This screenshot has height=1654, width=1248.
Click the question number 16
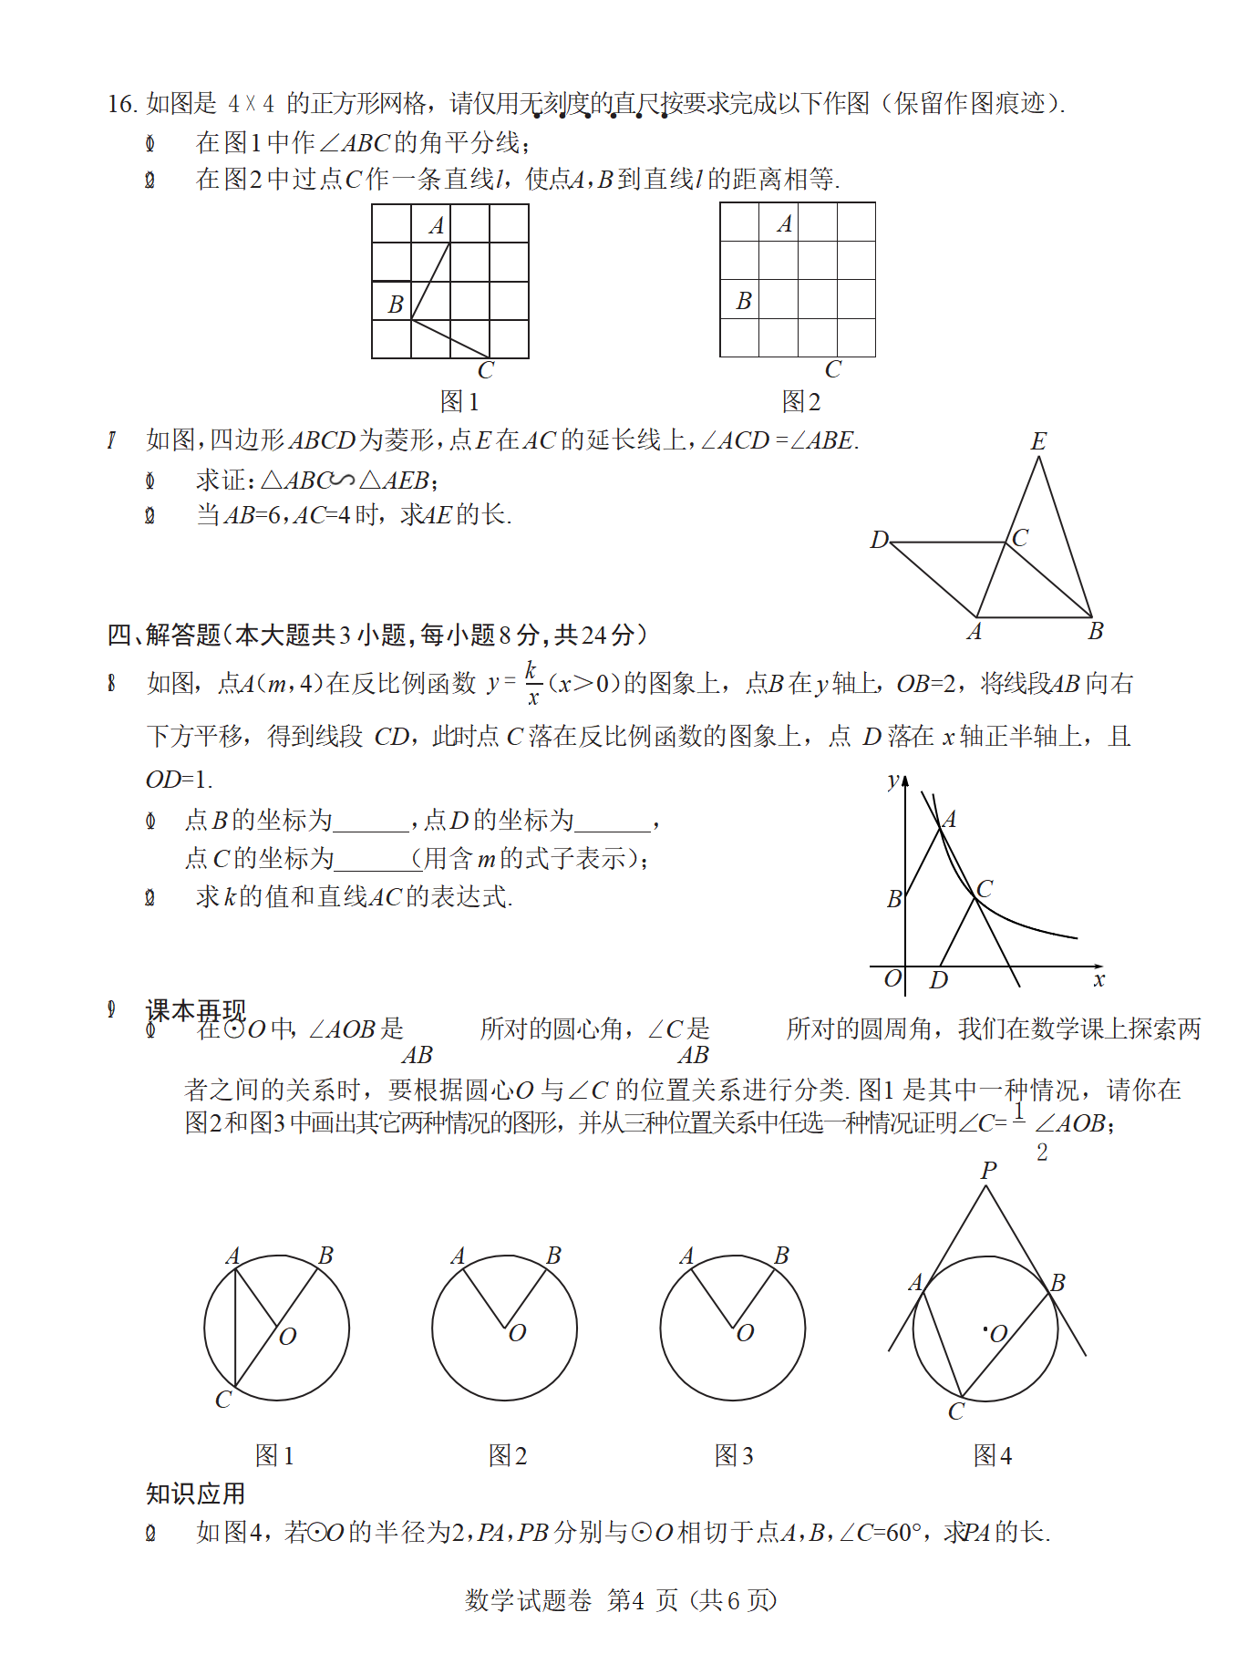[122, 104]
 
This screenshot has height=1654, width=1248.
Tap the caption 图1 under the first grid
[459, 401]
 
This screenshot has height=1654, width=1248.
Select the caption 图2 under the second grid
[801, 401]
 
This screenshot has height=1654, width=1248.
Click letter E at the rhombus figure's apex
[1038, 442]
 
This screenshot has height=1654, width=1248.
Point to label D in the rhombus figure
[879, 540]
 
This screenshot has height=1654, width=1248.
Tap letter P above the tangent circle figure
[989, 1171]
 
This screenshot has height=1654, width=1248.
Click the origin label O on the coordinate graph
[892, 979]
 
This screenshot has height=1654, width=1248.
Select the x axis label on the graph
[1098, 980]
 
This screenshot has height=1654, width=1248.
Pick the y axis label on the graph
[893, 780]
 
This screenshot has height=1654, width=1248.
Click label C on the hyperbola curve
[985, 888]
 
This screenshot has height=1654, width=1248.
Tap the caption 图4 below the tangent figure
[993, 1455]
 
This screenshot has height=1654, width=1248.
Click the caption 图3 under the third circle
[734, 1455]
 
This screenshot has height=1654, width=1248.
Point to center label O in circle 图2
[517, 1333]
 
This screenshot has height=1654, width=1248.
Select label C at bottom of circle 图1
[223, 1400]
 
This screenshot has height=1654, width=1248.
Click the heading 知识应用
[195, 1494]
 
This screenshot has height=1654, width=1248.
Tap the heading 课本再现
[195, 1009]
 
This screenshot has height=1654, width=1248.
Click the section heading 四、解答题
[164, 635]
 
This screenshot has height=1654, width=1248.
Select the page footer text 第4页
[643, 1600]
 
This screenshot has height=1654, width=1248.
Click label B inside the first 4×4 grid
[396, 305]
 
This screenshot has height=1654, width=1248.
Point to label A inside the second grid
[785, 224]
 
